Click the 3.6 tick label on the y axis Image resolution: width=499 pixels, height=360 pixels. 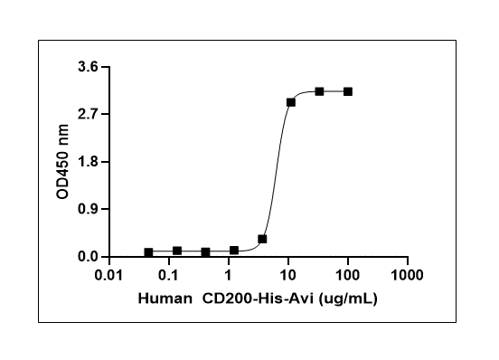[x=88, y=67]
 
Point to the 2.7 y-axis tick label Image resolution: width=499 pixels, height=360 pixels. [x=88, y=114]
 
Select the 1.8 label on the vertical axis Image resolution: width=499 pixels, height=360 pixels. [x=88, y=162]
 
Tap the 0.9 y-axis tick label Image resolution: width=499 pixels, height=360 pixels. [x=88, y=209]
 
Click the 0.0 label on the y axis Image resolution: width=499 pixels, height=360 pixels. [x=88, y=257]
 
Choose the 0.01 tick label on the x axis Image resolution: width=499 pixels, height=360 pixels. [x=108, y=275]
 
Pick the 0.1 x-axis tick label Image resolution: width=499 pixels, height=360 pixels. [x=169, y=275]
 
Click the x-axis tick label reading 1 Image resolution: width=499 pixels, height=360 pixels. [x=228, y=275]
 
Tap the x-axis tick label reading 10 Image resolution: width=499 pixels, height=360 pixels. [x=288, y=275]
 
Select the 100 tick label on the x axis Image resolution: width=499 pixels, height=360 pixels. [x=347, y=275]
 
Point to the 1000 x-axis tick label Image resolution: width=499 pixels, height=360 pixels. [x=407, y=275]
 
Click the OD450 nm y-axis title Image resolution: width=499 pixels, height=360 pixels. [x=62, y=162]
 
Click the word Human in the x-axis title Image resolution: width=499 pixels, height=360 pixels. [x=165, y=298]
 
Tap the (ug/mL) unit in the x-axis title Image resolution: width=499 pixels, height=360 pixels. [x=348, y=299]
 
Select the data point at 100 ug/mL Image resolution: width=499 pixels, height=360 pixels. [x=348, y=91]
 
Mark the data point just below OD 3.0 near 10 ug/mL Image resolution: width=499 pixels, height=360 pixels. [x=290, y=102]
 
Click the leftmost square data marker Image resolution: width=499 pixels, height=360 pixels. [x=148, y=252]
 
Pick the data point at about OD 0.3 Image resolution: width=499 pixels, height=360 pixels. [x=262, y=239]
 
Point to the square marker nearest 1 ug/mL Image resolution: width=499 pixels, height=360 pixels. [x=234, y=251]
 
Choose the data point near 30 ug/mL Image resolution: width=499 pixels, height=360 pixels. [x=319, y=91]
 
